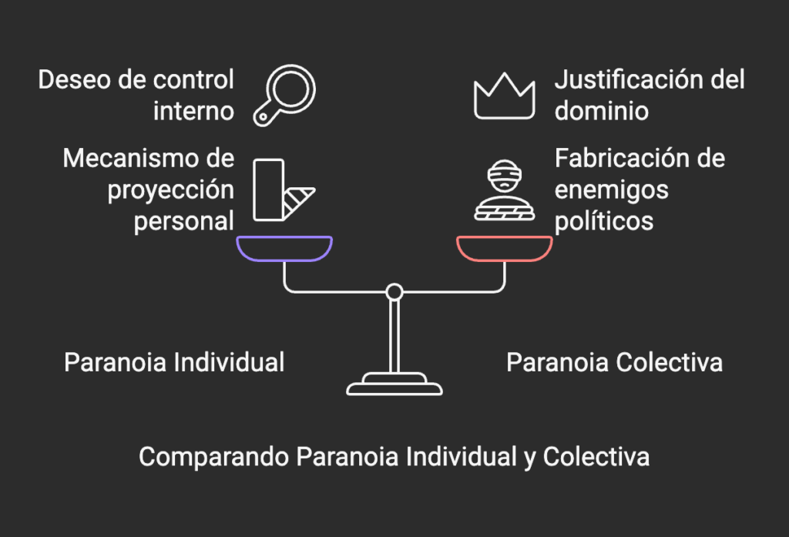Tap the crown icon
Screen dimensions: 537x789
(x=504, y=96)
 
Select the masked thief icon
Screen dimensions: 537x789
(x=504, y=191)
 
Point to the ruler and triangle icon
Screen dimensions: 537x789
(x=282, y=190)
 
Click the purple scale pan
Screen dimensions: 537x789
(x=284, y=248)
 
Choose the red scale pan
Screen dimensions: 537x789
(x=505, y=248)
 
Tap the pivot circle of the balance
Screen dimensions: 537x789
(x=394, y=292)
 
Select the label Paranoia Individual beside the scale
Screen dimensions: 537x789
(x=174, y=362)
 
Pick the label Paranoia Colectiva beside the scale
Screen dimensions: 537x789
(x=614, y=362)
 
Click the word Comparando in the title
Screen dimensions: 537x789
(x=213, y=456)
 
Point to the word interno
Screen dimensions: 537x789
(x=193, y=111)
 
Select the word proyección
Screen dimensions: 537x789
(x=170, y=190)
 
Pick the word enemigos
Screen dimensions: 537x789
(x=611, y=190)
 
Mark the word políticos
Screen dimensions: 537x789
(x=604, y=221)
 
